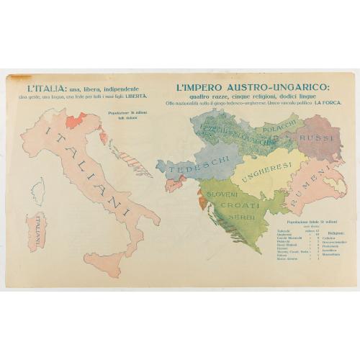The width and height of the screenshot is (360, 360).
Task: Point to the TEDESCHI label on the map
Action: tap(185, 166)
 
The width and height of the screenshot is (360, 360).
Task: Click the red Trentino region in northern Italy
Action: tap(76, 120)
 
